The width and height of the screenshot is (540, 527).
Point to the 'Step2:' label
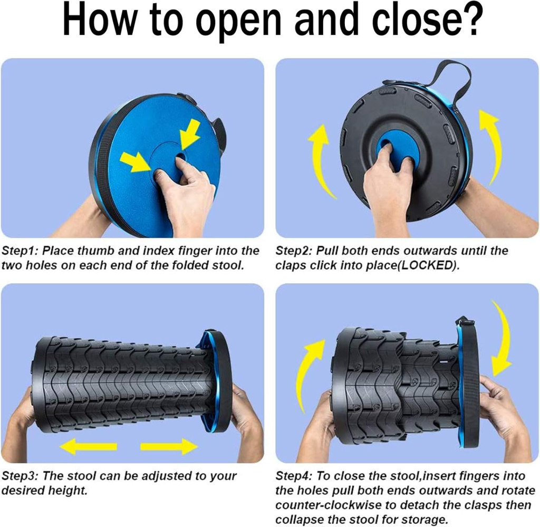point(294,251)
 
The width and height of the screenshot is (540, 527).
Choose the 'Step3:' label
point(21,476)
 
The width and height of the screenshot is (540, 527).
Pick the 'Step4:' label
point(294,476)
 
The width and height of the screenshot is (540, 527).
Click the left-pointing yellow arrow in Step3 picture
point(88,446)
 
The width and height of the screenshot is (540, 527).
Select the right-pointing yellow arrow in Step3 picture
point(169,446)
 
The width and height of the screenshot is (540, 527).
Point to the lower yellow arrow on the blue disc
point(136,161)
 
